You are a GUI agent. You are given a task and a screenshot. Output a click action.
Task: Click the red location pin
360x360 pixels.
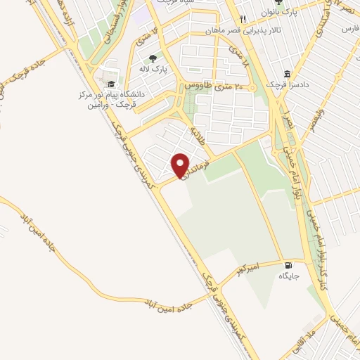coord(181,165)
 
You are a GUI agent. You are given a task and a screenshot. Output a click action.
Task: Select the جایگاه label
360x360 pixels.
coord(288,276)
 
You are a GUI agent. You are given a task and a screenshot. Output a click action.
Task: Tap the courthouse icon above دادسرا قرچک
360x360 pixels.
coord(288,73)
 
